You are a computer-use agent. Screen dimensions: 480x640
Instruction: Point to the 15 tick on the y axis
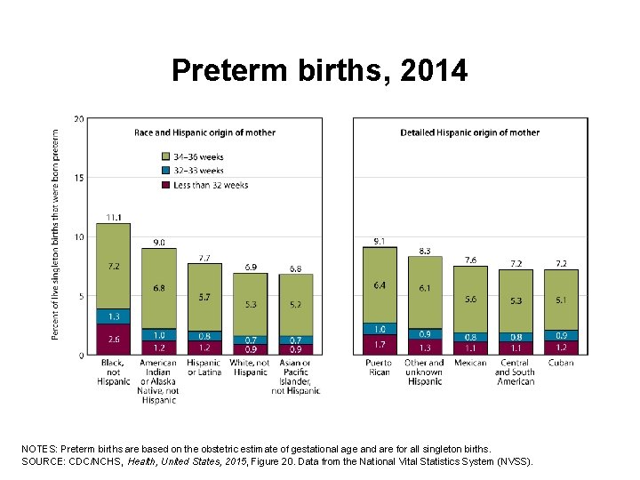pos(79,178)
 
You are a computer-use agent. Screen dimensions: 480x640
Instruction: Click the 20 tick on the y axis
pos(79,119)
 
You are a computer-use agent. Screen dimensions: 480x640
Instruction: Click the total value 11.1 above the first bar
pos(114,217)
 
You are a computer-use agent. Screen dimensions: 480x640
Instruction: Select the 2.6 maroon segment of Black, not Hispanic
pos(114,340)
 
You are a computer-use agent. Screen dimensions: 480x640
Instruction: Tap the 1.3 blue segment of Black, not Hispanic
pos(114,316)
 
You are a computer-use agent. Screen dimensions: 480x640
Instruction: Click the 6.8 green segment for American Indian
pos(159,288)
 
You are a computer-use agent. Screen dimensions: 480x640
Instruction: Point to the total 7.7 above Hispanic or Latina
pos(204,258)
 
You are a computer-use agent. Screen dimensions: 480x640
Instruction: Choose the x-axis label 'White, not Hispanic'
pos(250,367)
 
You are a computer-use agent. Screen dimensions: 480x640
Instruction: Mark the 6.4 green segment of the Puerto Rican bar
pos(380,285)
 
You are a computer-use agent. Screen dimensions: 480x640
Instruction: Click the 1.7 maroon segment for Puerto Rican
pos(380,344)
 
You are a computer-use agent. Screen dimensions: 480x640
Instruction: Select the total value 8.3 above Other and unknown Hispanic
pos(425,251)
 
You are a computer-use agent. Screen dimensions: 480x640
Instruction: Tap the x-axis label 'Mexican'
pos(470,363)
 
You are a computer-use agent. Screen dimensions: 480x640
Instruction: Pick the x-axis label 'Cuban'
pos(561,363)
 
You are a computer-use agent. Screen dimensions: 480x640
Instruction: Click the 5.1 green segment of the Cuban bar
pos(561,300)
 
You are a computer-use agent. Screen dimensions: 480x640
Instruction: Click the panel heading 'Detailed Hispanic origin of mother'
pos(469,132)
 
